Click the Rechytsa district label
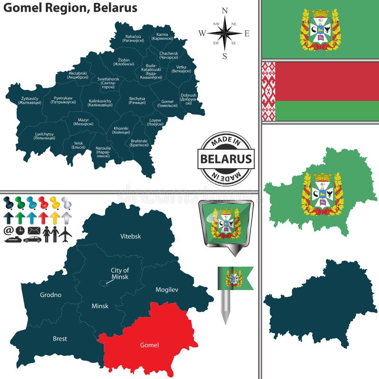tap(137, 100)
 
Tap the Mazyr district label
tap(81, 122)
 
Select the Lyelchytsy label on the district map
tap(45, 136)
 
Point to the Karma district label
tap(162, 36)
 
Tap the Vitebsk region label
tap(130, 236)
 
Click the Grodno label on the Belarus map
tap(50, 295)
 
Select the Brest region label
tap(60, 339)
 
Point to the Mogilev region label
tap(167, 289)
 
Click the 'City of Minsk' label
tap(120, 273)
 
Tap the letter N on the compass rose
tap(225, 11)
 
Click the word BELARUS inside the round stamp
tap(226, 159)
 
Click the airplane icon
tap(66, 233)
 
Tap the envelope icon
tap(33, 231)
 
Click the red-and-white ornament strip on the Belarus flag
tap(269, 91)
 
